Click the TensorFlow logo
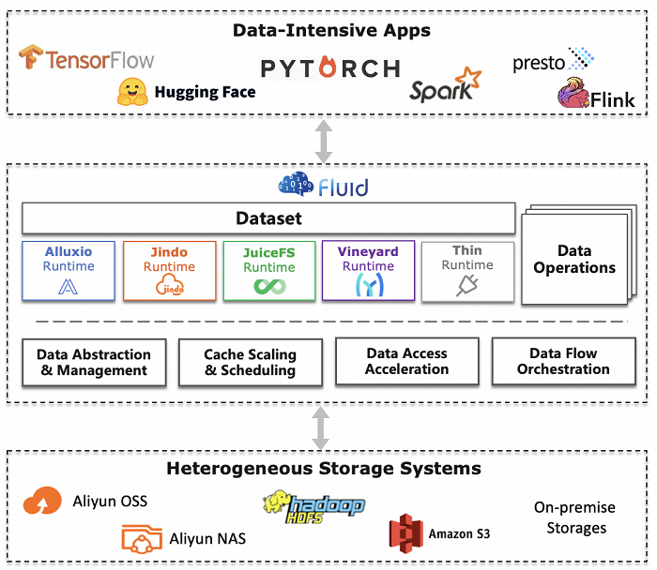point(86,59)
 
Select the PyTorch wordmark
point(330,68)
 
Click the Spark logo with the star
point(445,86)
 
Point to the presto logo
point(553,61)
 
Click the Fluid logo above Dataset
point(323,186)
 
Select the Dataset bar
point(268,219)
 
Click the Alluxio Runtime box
point(69,271)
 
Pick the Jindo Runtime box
point(169,271)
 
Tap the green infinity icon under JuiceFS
point(268,287)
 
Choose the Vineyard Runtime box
point(368,271)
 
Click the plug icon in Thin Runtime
point(466,287)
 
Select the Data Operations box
point(573,260)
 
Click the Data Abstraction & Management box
point(94,362)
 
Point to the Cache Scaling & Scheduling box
point(250,362)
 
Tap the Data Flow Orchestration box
point(563,362)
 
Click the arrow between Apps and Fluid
point(324,141)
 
